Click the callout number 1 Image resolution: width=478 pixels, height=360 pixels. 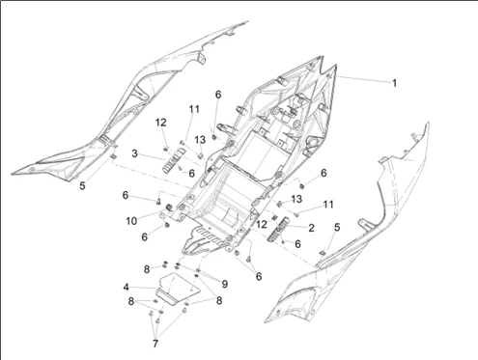pyautogui.click(x=394, y=83)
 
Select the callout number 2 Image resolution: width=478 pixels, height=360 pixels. pyautogui.click(x=311, y=228)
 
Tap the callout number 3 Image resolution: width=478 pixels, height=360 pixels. pyautogui.click(x=135, y=153)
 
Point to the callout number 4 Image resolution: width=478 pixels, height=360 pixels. pyautogui.click(x=127, y=287)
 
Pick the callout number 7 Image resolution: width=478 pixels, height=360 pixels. pyautogui.click(x=155, y=344)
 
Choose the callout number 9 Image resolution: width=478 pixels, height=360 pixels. pyautogui.click(x=225, y=284)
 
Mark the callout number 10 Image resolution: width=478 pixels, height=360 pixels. pyautogui.click(x=131, y=221)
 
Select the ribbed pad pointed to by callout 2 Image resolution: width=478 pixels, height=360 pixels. pyautogui.click(x=279, y=230)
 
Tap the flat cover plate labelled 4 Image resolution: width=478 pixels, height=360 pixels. pyautogui.click(x=178, y=288)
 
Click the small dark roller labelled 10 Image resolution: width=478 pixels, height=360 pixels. pyautogui.click(x=168, y=208)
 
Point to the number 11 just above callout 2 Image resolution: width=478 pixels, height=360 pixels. pyautogui.click(x=328, y=205)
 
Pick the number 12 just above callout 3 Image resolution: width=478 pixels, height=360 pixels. pyautogui.click(x=161, y=123)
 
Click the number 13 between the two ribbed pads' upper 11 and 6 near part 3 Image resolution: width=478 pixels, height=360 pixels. pyautogui.click(x=200, y=140)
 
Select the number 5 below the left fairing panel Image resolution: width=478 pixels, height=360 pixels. pyautogui.click(x=83, y=185)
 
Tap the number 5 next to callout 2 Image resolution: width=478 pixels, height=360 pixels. pyautogui.click(x=337, y=227)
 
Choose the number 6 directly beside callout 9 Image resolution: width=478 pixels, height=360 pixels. pyautogui.click(x=259, y=276)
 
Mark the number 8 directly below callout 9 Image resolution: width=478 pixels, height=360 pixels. pyautogui.click(x=219, y=300)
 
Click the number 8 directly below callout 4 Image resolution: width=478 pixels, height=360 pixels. pyautogui.click(x=131, y=301)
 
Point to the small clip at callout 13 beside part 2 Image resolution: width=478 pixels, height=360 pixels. pyautogui.click(x=280, y=204)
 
